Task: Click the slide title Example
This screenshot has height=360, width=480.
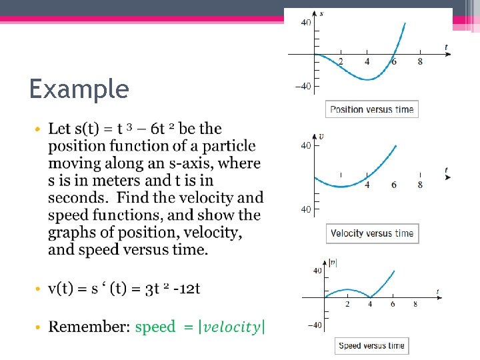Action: tap(79, 89)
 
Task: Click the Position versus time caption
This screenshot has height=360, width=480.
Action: tap(372, 109)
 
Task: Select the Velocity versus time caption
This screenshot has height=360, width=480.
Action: tap(372, 233)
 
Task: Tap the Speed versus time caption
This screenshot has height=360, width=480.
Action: tap(371, 345)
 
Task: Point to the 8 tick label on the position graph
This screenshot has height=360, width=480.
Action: tap(420, 62)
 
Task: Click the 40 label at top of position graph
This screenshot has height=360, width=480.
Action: tap(306, 23)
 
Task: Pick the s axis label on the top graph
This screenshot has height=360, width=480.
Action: tap(322, 13)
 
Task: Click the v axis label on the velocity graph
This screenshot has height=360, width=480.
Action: tap(321, 137)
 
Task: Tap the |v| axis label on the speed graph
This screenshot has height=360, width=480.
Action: tap(333, 262)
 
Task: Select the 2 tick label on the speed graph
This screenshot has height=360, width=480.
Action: tap(347, 304)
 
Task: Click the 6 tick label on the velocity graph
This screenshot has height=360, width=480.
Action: tap(393, 185)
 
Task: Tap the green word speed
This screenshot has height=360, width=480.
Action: tap(155, 327)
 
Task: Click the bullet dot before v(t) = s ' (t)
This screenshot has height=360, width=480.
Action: tap(39, 289)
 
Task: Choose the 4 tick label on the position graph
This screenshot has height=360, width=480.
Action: tap(367, 62)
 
